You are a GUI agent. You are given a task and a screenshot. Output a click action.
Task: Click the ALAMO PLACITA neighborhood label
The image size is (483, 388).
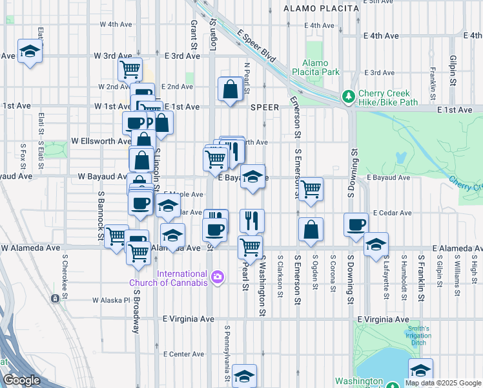[322, 8]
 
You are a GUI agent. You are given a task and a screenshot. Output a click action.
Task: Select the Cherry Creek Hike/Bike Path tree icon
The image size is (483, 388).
[349, 97]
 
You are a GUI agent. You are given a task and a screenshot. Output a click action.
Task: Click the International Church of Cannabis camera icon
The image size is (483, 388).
[218, 277]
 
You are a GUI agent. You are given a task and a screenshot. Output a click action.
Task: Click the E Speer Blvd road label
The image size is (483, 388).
[256, 47]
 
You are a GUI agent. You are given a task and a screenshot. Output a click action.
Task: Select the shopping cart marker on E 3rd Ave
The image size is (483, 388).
[130, 69]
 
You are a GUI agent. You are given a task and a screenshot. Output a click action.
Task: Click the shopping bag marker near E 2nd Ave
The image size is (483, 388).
[231, 89]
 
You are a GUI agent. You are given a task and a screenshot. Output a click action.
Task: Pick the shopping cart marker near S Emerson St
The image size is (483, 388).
[311, 189]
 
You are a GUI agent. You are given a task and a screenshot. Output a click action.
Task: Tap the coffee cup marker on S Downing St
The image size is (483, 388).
[356, 224]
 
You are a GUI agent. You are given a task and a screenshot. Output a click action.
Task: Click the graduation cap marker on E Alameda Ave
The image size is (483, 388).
[376, 244]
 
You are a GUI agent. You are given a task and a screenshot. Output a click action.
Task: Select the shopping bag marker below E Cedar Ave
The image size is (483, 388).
[311, 229]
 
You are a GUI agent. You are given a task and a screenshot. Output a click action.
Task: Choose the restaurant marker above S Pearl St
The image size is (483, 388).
[252, 220]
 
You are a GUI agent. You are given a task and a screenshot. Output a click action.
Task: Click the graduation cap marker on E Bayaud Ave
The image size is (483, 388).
[253, 176]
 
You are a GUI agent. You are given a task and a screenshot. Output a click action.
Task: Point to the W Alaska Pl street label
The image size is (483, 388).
[112, 300]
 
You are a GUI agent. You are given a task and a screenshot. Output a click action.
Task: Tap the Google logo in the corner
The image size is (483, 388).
[22, 381]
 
